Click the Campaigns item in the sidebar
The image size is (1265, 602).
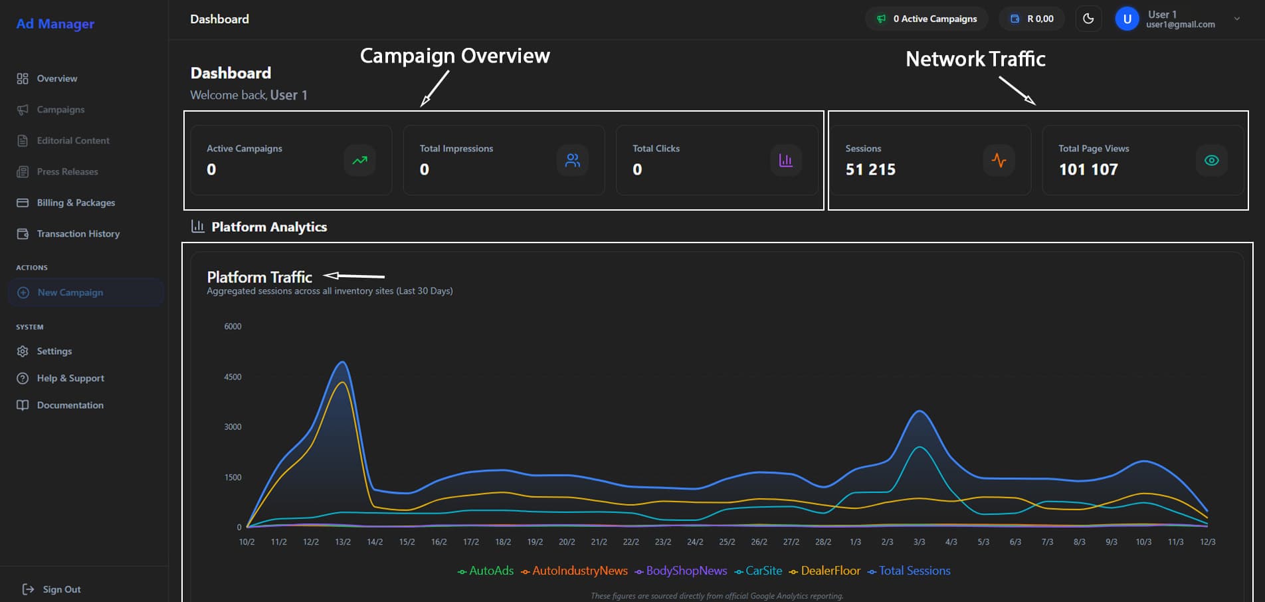pos(60,110)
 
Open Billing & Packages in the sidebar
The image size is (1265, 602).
pos(75,203)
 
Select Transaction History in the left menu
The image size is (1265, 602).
pos(78,234)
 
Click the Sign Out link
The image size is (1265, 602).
pos(61,589)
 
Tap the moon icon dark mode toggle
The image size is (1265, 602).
pos(1088,19)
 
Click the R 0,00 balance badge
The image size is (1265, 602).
pos(1032,19)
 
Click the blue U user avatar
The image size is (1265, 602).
pos(1127,19)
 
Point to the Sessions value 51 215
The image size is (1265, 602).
pos(870,169)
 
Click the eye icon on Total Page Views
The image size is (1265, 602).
pos(1211,160)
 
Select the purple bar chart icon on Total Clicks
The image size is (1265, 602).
pos(785,160)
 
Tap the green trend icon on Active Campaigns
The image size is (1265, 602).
pos(359,160)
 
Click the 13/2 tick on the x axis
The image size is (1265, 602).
pos(343,542)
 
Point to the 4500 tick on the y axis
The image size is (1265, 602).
pos(233,377)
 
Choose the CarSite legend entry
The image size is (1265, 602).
pos(763,571)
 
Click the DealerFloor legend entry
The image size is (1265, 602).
pos(830,571)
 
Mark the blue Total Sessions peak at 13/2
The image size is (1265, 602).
pos(342,362)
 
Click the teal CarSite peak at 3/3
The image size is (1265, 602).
pos(920,447)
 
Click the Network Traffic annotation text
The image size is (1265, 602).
pos(975,59)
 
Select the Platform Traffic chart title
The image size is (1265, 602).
pos(259,277)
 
